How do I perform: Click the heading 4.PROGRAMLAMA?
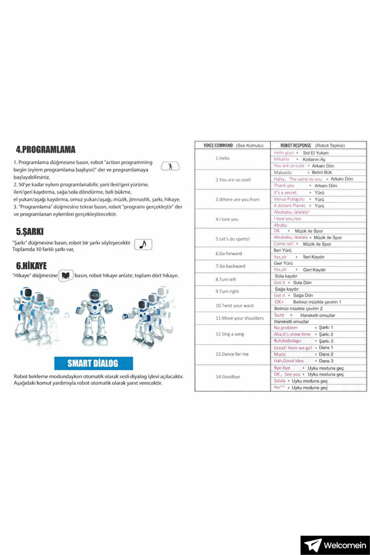45,149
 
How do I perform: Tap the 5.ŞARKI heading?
29,231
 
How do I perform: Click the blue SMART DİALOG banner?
93,364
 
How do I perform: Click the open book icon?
65,275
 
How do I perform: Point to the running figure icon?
171,167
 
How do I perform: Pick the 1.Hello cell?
223,159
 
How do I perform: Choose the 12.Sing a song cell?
230,334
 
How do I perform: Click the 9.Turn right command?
227,291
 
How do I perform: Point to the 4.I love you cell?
227,219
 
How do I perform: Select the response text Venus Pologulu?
289,199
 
